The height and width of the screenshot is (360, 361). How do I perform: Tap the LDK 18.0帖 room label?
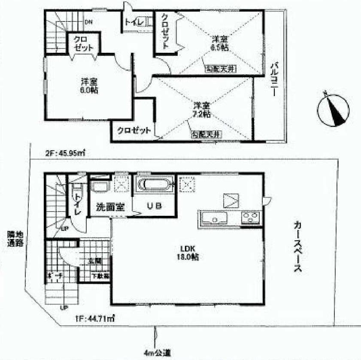(x=186, y=253)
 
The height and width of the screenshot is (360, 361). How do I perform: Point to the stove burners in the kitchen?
(x=250, y=218)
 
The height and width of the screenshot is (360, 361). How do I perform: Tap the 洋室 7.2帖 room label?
(x=201, y=109)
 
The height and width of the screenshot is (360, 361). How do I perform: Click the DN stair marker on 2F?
(x=89, y=21)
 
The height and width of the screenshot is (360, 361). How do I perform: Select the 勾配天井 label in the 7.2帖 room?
(x=206, y=134)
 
